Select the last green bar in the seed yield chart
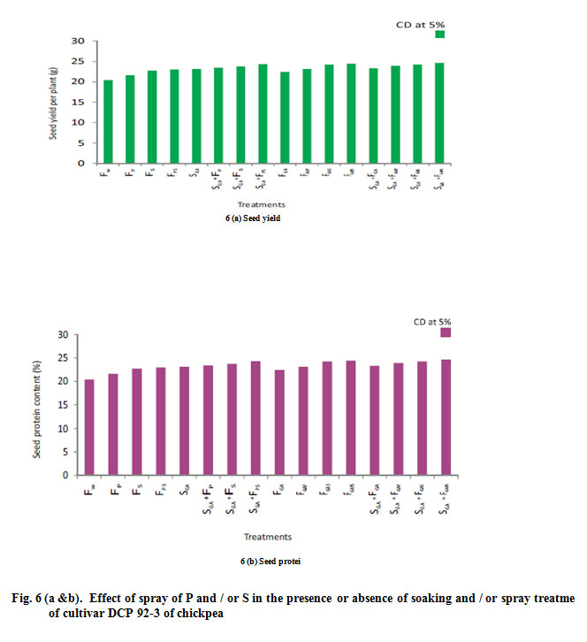tap(439, 113)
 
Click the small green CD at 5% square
tap(439, 34)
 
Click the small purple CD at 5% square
tap(446, 332)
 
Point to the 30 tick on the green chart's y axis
tap(78, 41)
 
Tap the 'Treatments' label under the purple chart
tap(267, 537)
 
